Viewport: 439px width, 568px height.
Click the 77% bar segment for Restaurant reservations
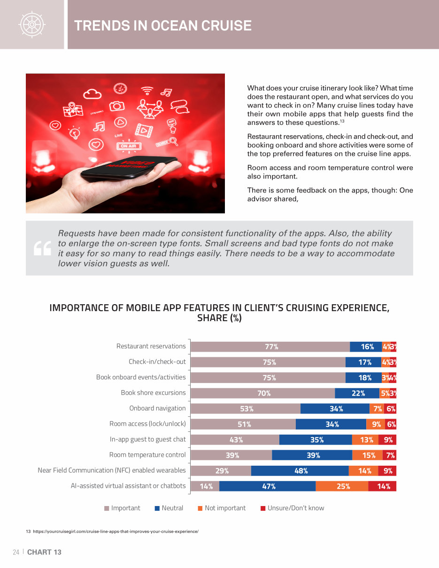(x=270, y=347)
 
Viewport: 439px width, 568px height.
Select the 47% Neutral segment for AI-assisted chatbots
(x=268, y=486)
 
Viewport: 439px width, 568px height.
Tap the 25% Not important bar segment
(x=342, y=486)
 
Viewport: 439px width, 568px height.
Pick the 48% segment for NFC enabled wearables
(x=300, y=471)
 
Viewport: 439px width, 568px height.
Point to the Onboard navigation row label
(x=157, y=408)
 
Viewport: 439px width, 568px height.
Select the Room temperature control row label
(x=147, y=455)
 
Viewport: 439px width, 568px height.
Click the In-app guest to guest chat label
(x=147, y=439)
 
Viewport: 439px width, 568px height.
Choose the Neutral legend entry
(x=169, y=508)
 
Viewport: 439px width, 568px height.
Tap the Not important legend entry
(x=222, y=508)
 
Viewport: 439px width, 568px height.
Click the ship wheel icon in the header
(x=31, y=24)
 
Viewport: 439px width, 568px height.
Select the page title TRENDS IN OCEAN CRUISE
(x=163, y=25)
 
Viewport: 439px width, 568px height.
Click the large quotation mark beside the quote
(x=42, y=249)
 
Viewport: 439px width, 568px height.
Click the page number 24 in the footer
(x=16, y=552)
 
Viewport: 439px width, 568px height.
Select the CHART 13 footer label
(x=44, y=552)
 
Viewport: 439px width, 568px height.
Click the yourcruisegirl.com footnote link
(x=115, y=531)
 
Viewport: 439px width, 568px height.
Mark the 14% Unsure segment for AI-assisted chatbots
(x=383, y=486)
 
